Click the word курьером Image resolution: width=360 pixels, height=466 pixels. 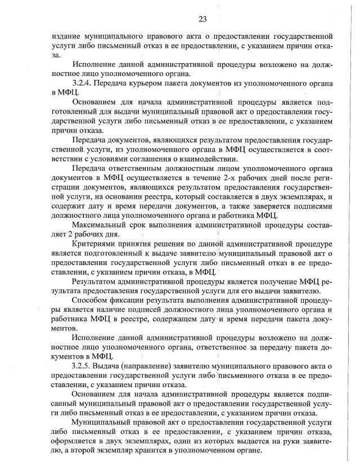(152, 83)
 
